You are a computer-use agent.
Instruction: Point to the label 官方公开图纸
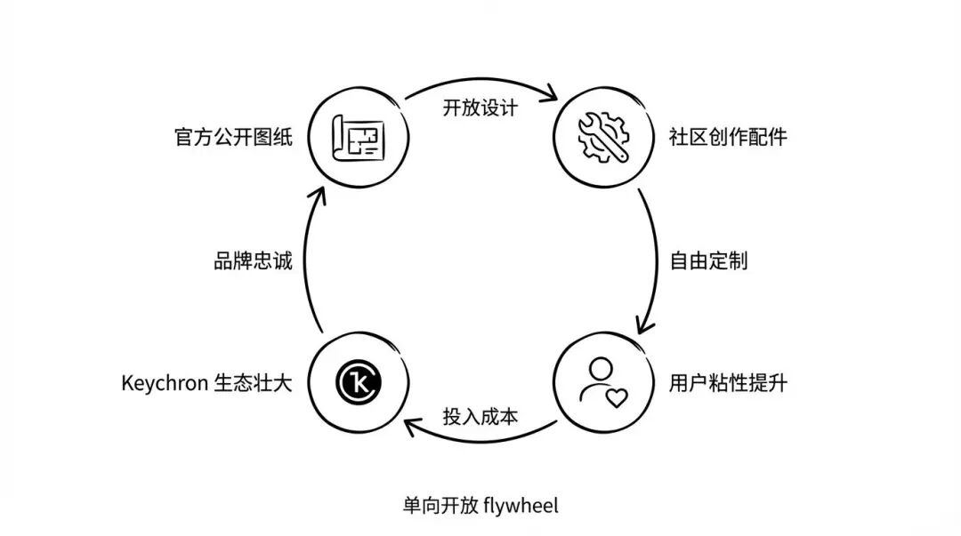coord(233,138)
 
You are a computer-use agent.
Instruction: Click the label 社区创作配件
coord(728,138)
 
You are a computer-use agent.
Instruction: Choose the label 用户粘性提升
coord(728,385)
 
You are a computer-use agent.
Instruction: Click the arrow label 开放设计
coord(480,107)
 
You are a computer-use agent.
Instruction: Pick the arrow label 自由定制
coord(708,261)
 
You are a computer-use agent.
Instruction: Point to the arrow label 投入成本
coord(480,416)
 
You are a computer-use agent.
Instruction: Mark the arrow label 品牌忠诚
coord(253,261)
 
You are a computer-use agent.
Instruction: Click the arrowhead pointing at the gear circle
coord(554,93)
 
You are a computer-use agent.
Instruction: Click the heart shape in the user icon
coord(616,397)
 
